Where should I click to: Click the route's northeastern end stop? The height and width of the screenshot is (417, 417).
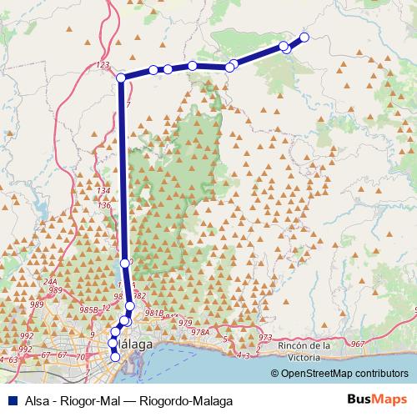coord(304,37)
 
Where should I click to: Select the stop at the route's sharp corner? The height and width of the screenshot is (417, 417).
coord(121,78)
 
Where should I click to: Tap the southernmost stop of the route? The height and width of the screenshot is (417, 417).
coord(115,358)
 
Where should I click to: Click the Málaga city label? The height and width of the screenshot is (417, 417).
coord(135,344)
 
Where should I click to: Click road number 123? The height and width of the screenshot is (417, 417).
coord(103,64)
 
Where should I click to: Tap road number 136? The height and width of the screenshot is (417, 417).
coord(103,205)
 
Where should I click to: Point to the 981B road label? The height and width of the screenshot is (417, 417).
coord(153,313)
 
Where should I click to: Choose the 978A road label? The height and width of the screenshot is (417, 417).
coord(199,332)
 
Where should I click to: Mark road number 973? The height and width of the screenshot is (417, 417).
coord(265,337)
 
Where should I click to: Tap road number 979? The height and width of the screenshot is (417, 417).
coord(185,323)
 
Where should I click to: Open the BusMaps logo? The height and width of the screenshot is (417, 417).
coord(372,399)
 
